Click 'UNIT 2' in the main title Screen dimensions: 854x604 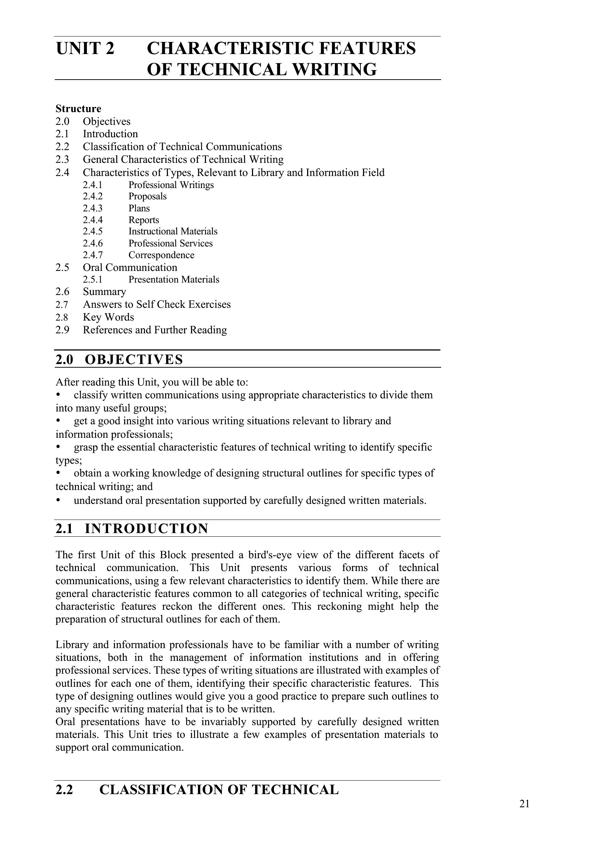pos(85,49)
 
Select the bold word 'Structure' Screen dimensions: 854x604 pos(78,108)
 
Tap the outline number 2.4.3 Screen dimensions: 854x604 pos(93,208)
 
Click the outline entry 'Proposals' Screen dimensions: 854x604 pos(147,196)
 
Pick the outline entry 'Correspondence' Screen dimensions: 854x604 pos(161,255)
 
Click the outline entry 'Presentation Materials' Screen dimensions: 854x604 pos(174,280)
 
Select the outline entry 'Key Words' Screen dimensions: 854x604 pos(108,317)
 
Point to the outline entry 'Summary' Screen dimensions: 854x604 pos(104,292)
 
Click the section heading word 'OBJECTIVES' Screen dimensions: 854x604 pos(134,360)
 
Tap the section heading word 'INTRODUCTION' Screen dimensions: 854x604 pos(146,529)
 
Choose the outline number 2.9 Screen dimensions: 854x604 pos(62,330)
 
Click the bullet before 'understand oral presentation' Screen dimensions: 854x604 pos(58,500)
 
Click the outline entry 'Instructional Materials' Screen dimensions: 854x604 pos(173,231)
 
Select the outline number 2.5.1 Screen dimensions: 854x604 pos(93,280)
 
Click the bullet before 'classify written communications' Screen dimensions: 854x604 pos(58,394)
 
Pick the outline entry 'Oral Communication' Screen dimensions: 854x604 pos(130,268)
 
